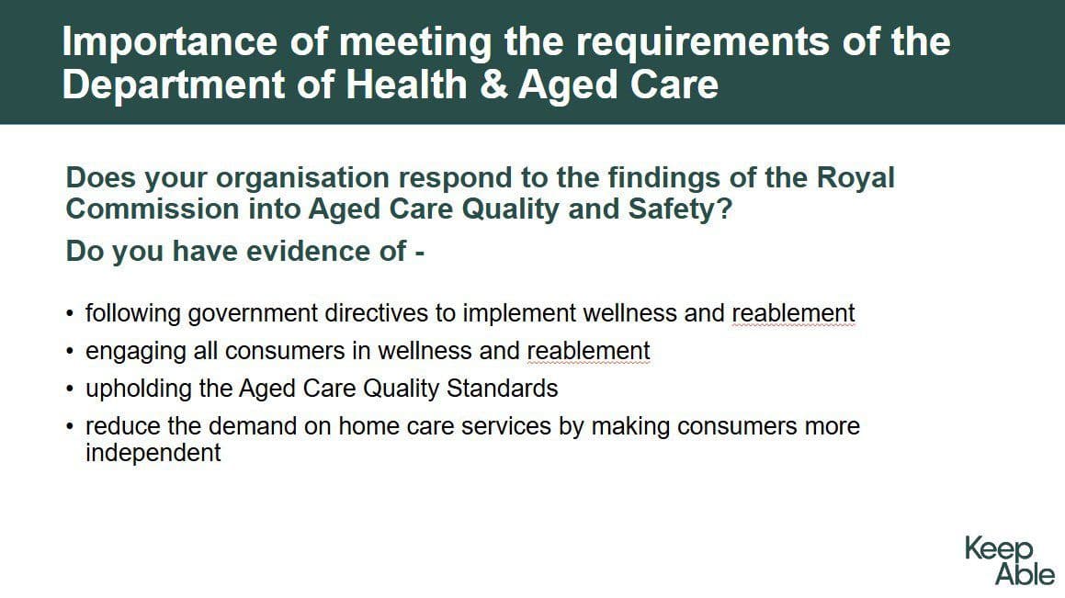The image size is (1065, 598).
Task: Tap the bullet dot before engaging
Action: click(71, 352)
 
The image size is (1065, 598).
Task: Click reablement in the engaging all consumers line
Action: click(588, 351)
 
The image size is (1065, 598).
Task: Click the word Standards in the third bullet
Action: click(502, 389)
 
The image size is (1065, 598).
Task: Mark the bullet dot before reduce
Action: click(71, 427)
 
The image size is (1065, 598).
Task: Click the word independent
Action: click(153, 453)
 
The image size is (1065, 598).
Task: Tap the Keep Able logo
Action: click(1009, 560)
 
